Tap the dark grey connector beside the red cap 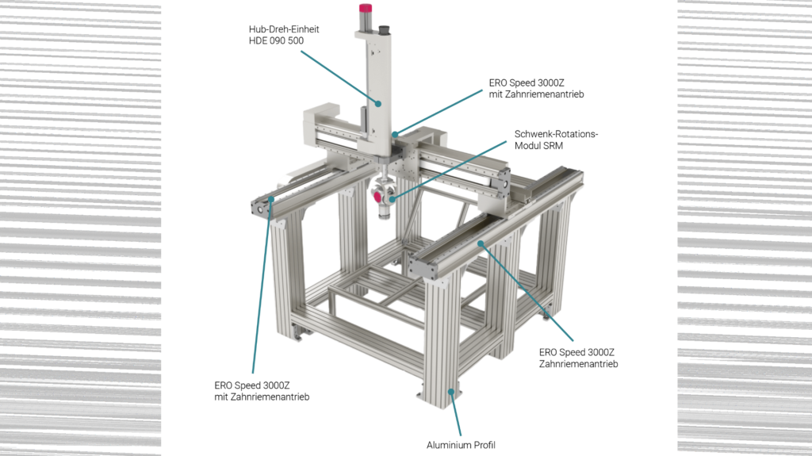tap(387, 29)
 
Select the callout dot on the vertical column tap(378, 103)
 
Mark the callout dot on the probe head tap(390, 197)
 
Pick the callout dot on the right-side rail tap(481, 245)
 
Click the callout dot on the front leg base tap(451, 391)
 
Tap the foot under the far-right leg tap(548, 319)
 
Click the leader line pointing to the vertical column tap(337, 75)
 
